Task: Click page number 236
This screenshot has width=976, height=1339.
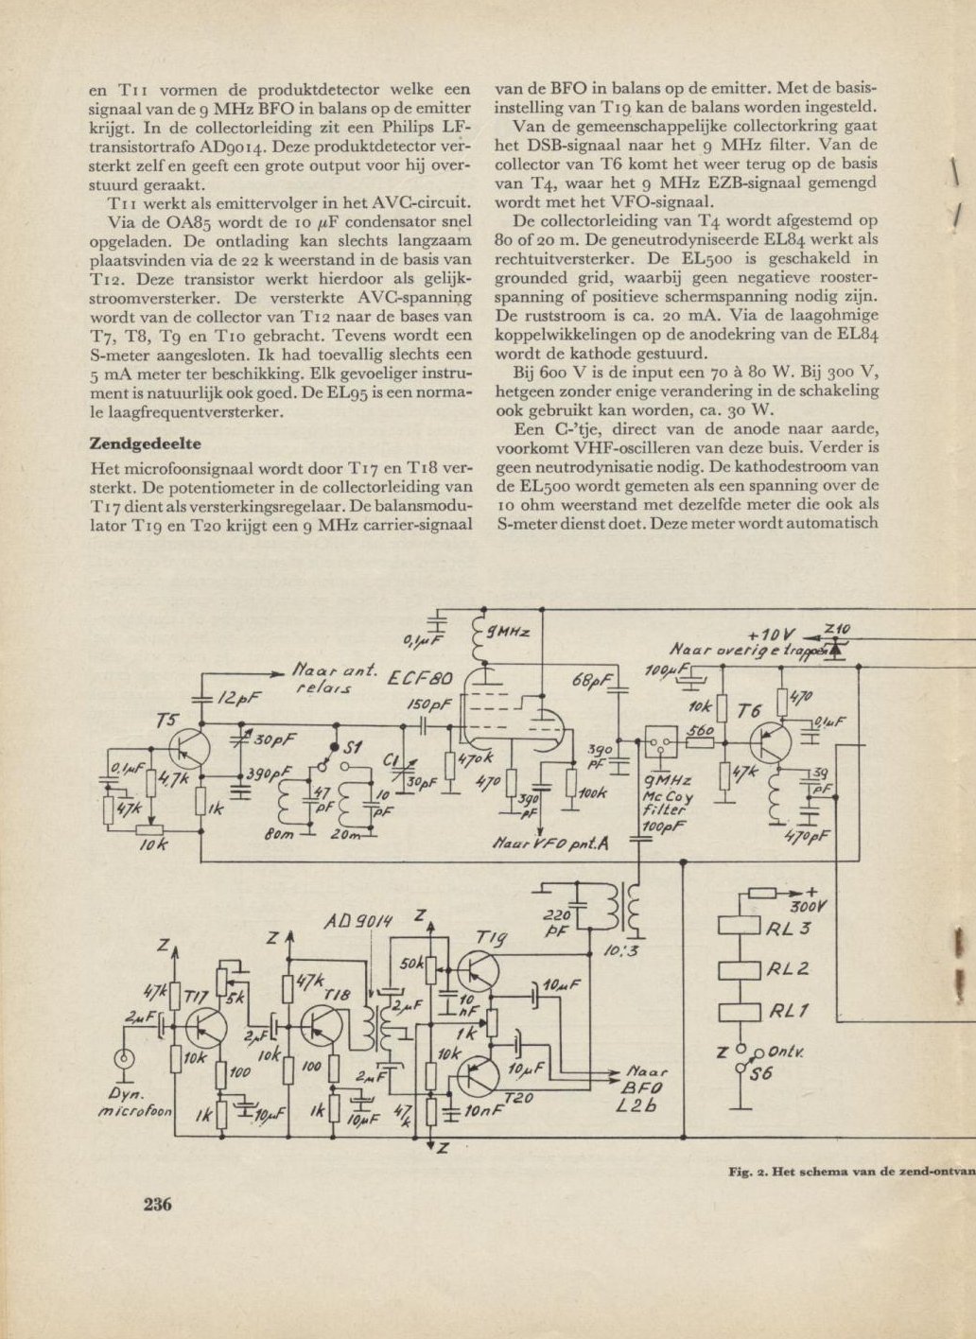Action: (157, 1204)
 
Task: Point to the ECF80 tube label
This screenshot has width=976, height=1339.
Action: (421, 678)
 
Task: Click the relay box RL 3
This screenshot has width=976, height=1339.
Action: (740, 929)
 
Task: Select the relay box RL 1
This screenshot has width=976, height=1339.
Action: (740, 1011)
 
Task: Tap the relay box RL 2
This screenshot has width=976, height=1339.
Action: (740, 970)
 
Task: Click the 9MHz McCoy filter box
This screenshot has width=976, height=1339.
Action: (661, 743)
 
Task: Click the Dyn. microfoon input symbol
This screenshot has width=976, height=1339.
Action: (123, 1059)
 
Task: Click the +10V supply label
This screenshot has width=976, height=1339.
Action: (774, 634)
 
